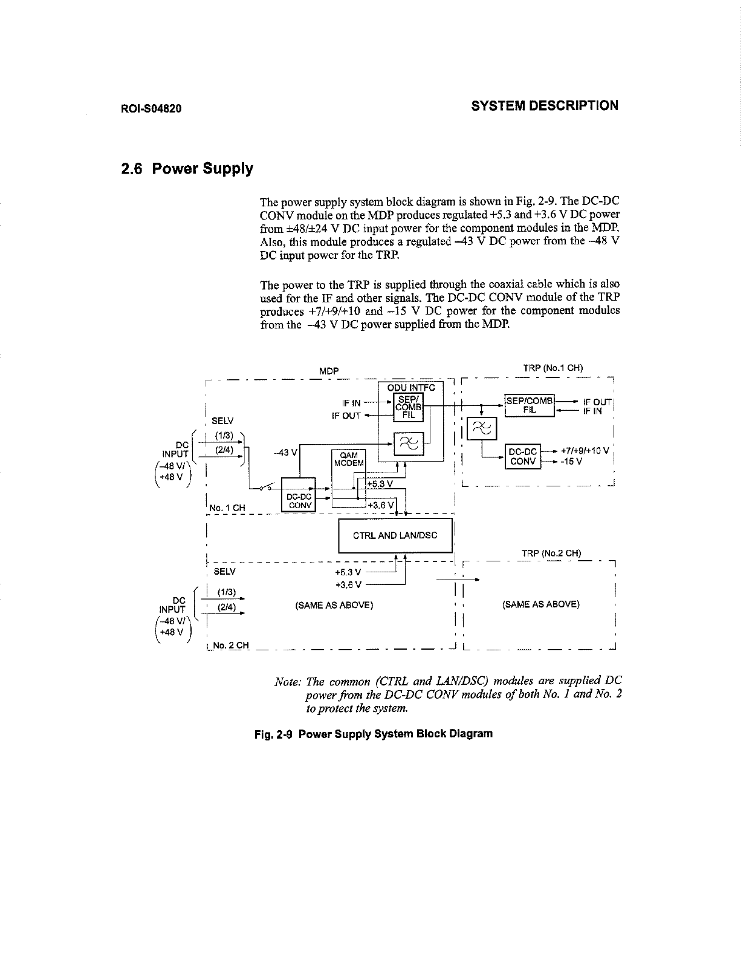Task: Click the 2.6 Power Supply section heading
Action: click(x=187, y=168)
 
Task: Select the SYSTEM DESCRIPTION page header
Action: click(x=545, y=106)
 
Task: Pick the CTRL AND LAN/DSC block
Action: click(x=395, y=535)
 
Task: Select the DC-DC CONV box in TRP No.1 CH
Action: click(x=523, y=456)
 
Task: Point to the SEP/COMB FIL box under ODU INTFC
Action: click(x=409, y=406)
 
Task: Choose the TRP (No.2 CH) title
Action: click(x=551, y=553)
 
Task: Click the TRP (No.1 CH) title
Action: click(x=553, y=367)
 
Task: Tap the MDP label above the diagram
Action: click(x=329, y=370)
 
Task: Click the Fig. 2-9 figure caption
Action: click(x=373, y=734)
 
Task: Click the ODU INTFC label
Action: click(x=411, y=388)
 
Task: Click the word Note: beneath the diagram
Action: click(x=288, y=682)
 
